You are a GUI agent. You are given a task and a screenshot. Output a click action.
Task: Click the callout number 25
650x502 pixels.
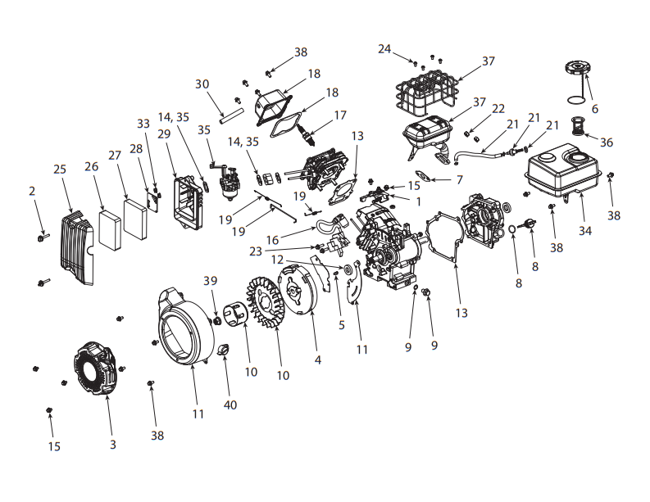pos(60,170)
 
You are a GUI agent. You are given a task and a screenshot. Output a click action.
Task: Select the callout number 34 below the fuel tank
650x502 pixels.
pos(584,231)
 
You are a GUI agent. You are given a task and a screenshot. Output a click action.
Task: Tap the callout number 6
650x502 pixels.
pos(594,109)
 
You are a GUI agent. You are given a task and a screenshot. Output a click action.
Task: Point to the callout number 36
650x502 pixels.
pos(606,142)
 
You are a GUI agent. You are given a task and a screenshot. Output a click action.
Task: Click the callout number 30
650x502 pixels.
pos(202,84)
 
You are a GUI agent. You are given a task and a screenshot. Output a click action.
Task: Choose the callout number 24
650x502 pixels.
pos(384,49)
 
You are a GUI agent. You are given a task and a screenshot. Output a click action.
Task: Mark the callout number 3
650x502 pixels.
pos(113,445)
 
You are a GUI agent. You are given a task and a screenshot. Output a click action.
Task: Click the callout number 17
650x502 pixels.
pos(339,115)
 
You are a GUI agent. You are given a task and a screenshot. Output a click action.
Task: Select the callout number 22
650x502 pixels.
pos(498,109)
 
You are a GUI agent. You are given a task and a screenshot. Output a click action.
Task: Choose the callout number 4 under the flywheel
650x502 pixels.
pos(317,360)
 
